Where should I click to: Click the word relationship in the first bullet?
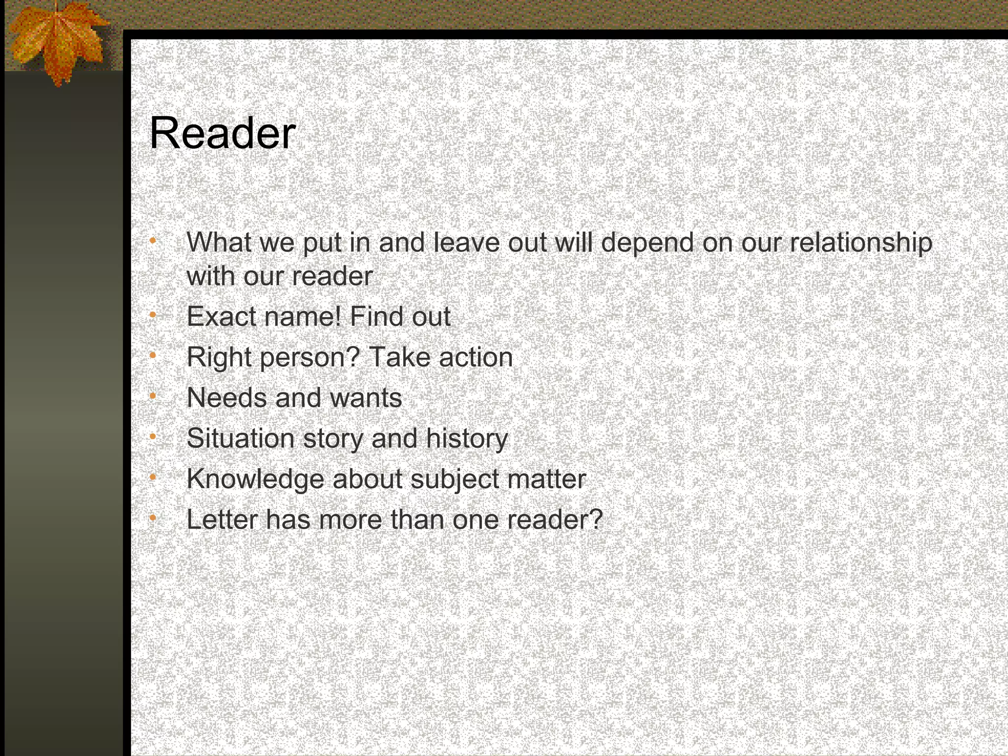(x=861, y=243)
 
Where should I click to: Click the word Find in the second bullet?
(x=377, y=316)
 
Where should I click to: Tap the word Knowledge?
(x=255, y=479)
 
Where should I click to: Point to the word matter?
(x=546, y=479)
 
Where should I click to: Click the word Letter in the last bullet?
(x=222, y=519)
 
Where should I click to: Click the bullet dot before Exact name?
(x=153, y=314)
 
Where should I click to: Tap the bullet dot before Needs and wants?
(x=153, y=395)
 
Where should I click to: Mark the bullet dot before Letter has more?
(x=153, y=517)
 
